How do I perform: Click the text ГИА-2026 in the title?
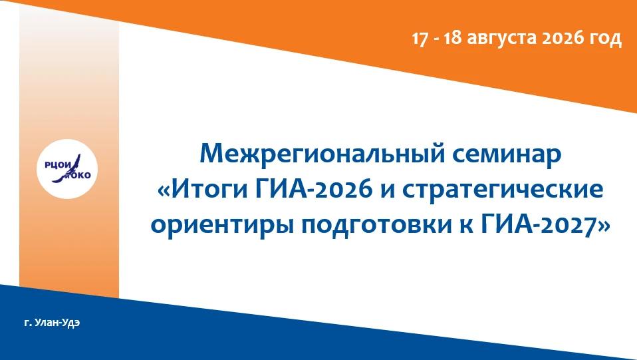pos(314,189)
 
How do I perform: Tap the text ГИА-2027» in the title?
pos(545,224)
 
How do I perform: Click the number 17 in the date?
pos(420,39)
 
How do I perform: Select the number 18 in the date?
pos(451,39)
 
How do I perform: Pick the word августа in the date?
pos(500,39)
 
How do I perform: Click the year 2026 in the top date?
pos(561,39)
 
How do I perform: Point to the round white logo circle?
pos(67,169)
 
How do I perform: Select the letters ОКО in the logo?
pos(81,175)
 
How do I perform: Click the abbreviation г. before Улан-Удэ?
pos(28,324)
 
